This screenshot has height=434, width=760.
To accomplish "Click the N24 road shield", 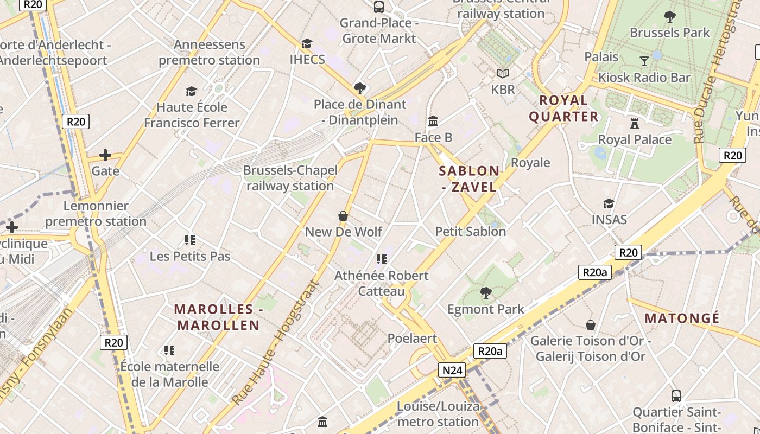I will click(452, 370).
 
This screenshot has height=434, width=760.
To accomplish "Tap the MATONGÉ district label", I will click(682, 318).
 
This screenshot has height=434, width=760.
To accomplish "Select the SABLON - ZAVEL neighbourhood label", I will click(469, 179).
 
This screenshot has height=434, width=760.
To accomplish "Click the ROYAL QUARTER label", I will click(563, 108).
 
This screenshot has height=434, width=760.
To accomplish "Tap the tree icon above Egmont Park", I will click(485, 293).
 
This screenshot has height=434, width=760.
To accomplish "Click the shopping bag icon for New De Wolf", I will click(343, 216).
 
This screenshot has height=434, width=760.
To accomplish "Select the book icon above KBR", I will click(503, 73).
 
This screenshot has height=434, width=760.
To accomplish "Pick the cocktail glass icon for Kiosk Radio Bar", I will click(644, 61).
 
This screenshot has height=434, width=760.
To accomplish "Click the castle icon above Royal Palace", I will click(635, 123).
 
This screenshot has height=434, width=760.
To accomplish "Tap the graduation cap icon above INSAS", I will click(609, 203).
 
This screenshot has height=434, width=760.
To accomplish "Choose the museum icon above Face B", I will click(433, 121).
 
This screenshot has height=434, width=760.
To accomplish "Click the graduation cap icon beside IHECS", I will click(307, 43).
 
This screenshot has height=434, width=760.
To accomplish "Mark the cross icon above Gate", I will click(105, 155).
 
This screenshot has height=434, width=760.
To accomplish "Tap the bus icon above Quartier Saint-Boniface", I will click(676, 396).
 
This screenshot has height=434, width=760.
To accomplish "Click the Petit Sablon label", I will click(470, 232).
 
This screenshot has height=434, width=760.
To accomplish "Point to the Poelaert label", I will click(412, 339).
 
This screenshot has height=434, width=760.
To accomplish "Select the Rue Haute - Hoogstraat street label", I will click(275, 343).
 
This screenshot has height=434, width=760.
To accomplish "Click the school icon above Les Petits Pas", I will click(190, 240).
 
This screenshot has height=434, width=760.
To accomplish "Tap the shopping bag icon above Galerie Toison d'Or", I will click(591, 325).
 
